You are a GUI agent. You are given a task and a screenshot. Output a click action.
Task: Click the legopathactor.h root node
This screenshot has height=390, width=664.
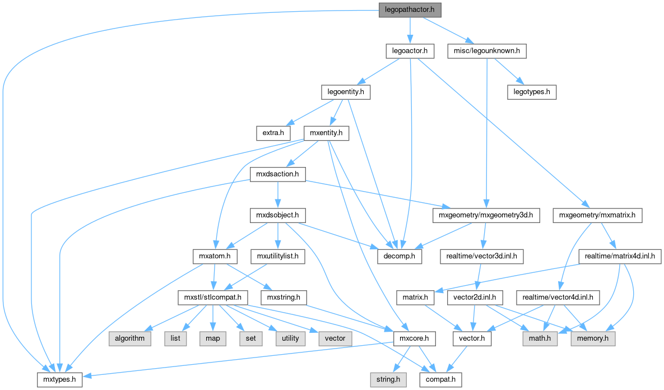[410, 10]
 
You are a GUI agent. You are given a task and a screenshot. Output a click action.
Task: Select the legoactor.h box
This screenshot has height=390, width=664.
[410, 51]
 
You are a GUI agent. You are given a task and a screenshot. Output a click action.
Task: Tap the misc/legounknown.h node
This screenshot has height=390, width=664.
[487, 51]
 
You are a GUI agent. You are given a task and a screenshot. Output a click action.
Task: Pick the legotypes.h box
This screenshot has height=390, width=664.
[531, 92]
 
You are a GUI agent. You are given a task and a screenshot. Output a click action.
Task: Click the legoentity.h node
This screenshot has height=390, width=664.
[346, 92]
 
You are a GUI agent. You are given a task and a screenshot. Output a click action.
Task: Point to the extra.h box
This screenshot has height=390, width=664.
[273, 133]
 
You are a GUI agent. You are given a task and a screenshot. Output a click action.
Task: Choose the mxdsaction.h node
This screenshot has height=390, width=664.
[277, 174]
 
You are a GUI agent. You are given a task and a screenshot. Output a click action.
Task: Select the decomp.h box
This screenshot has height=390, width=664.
[398, 257]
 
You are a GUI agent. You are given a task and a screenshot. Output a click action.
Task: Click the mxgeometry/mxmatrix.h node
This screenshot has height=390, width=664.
[597, 215]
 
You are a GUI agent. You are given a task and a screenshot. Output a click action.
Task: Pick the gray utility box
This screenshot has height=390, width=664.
[287, 338]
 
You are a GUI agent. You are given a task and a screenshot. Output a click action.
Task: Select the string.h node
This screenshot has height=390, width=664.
[388, 380]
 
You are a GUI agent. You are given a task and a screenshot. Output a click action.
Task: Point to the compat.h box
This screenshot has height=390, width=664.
[440, 380]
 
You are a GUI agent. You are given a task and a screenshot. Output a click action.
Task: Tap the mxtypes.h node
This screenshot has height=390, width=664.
[60, 380]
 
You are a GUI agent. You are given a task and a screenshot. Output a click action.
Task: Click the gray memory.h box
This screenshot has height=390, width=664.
[593, 338]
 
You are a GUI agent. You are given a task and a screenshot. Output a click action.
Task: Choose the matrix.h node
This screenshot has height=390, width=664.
[416, 297]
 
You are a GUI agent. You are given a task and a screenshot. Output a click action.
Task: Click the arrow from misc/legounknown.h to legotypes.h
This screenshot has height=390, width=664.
[510, 72]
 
